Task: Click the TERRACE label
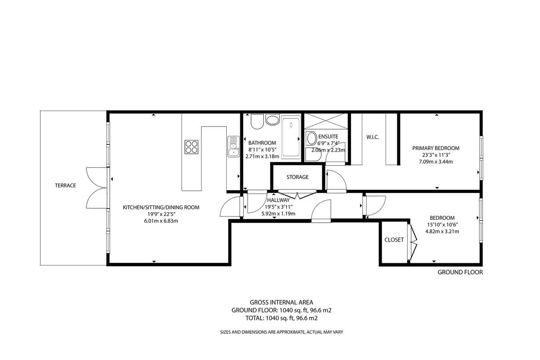click(x=65, y=185)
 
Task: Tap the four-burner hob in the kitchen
click(x=191, y=147)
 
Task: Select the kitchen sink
click(x=234, y=147)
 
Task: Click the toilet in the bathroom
click(x=257, y=121)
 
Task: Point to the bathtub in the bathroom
click(x=291, y=137)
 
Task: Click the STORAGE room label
click(x=297, y=177)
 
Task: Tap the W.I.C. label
click(x=373, y=137)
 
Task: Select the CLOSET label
click(x=394, y=240)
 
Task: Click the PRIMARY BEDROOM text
click(x=436, y=148)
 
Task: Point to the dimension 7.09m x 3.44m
click(x=436, y=162)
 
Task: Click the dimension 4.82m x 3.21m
click(x=442, y=231)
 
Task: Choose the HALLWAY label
click(x=278, y=200)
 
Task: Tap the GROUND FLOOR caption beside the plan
click(x=460, y=272)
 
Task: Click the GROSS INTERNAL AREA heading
click(x=281, y=302)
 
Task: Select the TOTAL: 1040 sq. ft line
click(x=281, y=318)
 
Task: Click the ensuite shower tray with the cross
click(x=326, y=121)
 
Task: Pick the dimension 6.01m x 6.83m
click(x=161, y=221)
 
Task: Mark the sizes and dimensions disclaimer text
click(x=281, y=332)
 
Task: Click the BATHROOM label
click(x=262, y=143)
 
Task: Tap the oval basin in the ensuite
click(x=311, y=138)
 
